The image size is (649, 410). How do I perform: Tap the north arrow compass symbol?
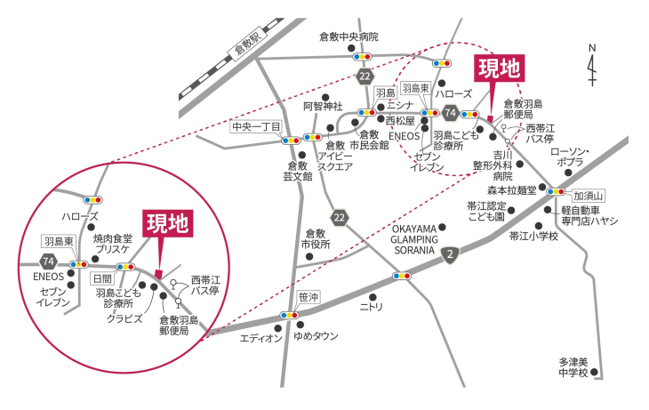click(592, 66)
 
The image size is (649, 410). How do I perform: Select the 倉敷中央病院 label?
click(349, 36)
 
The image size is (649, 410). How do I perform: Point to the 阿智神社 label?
click(323, 107)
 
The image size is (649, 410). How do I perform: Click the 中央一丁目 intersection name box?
click(256, 126)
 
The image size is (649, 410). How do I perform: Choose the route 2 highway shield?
click(450, 254)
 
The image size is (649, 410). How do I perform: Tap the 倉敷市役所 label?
click(316, 239)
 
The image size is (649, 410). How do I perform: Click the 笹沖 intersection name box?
click(308, 297)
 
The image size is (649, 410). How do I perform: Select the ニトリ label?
click(371, 308)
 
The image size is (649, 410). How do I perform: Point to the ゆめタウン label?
click(316, 336)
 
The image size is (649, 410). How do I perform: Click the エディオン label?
click(260, 338)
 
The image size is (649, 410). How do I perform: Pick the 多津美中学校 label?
click(573, 368)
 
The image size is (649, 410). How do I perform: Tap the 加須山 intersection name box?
click(589, 196)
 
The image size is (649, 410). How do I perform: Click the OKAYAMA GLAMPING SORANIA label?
click(414, 240)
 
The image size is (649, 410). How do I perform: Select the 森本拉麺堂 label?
click(511, 190)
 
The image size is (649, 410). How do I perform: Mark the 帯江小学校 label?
click(533, 237)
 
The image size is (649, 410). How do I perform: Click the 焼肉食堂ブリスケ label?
click(113, 244)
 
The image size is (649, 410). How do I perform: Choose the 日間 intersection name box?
click(102, 278)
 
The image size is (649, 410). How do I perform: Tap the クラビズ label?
click(124, 319)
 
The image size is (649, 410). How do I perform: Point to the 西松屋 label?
click(400, 121)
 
